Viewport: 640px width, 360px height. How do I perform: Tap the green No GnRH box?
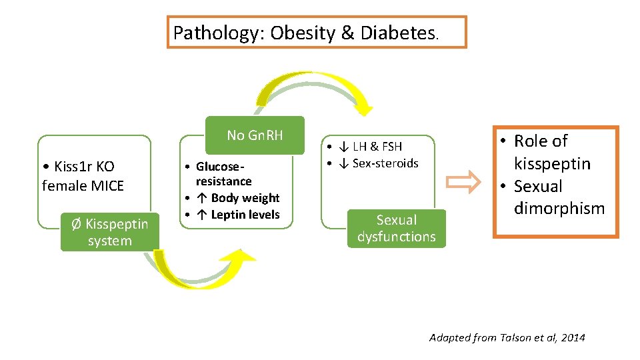point(255,135)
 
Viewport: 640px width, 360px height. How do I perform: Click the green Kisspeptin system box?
point(109,233)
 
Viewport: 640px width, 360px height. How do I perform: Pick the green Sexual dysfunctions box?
point(396,229)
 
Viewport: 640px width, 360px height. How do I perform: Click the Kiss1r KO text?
point(80,167)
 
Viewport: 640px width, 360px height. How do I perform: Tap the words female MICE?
point(83,185)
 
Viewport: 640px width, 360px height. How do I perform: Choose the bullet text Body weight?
point(245,198)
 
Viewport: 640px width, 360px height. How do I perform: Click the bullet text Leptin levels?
point(245,215)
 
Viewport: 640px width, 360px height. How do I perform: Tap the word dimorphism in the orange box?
point(559,209)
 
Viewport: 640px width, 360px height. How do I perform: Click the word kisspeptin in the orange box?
point(552,163)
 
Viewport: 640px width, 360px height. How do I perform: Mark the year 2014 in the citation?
point(573,338)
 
